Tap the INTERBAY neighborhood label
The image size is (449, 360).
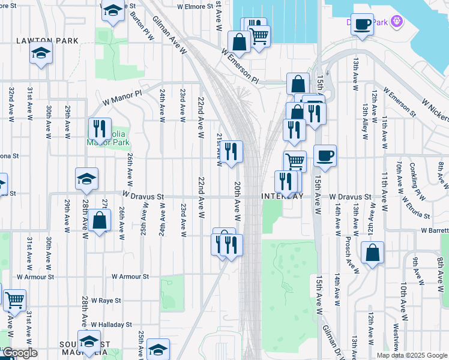click(280, 196)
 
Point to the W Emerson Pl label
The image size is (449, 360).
click(239, 67)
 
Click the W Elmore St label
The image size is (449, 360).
click(195, 7)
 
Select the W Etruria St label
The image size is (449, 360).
click(416, 207)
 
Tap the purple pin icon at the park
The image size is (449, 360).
click(396, 22)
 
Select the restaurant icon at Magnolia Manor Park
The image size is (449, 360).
click(100, 128)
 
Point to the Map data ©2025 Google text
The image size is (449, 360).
click(411, 355)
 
